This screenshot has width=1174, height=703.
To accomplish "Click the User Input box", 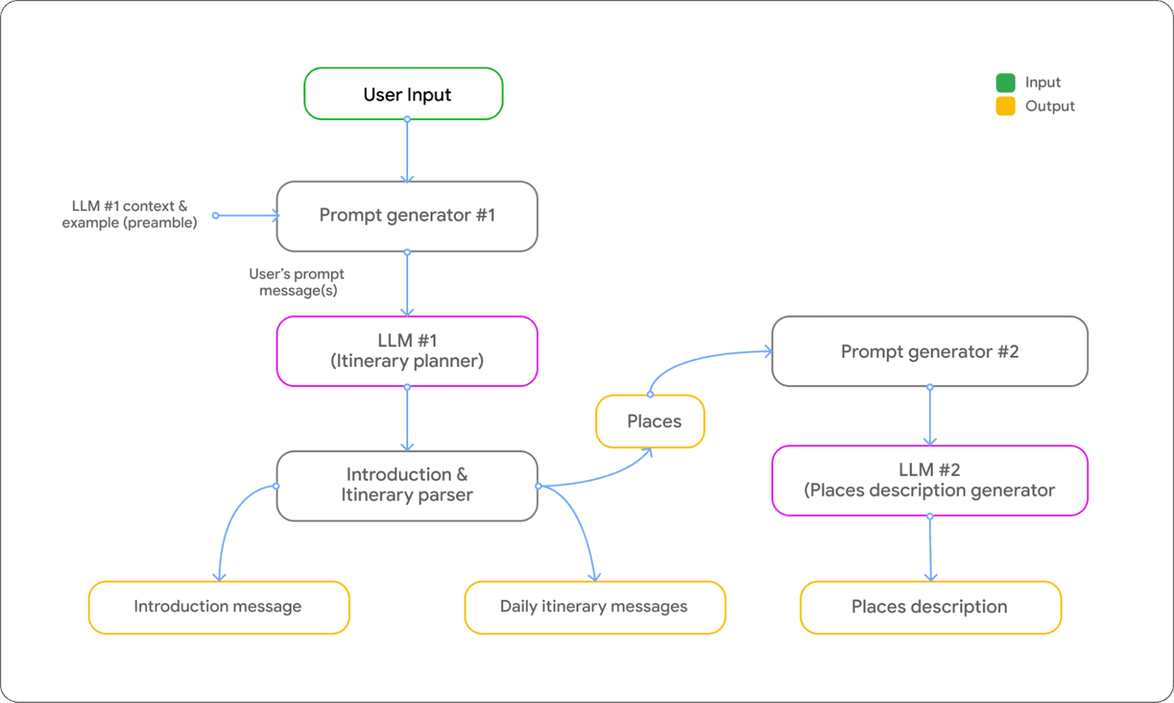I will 403,94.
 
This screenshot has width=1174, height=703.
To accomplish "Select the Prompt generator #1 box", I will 406,216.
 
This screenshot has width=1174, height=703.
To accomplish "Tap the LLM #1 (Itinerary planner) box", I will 406,351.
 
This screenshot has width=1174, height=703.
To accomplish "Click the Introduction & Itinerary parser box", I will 406,485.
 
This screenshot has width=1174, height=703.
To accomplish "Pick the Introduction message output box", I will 218,606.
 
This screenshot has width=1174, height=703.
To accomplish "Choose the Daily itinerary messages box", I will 593,606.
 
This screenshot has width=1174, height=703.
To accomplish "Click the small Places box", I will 650,421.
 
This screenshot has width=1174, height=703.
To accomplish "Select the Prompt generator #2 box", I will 929,351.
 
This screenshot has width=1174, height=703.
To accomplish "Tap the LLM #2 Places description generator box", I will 929,480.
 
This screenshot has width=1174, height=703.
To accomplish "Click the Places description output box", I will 929,606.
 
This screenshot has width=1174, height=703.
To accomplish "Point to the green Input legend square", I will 1005,82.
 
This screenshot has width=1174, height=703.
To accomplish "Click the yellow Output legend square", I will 1005,107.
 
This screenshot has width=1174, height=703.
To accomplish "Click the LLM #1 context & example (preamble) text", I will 129,215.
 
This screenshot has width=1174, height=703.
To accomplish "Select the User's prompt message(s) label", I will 298,282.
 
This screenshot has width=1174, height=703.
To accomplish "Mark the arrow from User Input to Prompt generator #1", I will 407,150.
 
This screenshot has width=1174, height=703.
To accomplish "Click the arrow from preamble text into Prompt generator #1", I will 246,215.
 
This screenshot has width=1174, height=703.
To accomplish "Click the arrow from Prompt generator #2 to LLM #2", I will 930,416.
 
